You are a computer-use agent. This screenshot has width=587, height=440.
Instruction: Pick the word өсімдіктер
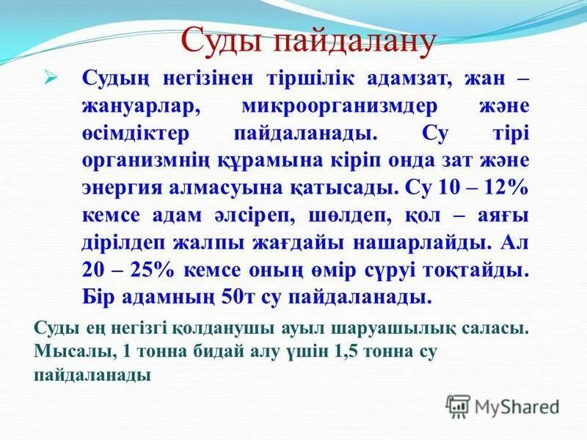(x=136, y=133)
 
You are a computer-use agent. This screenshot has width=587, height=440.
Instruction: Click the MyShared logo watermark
(x=503, y=405)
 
